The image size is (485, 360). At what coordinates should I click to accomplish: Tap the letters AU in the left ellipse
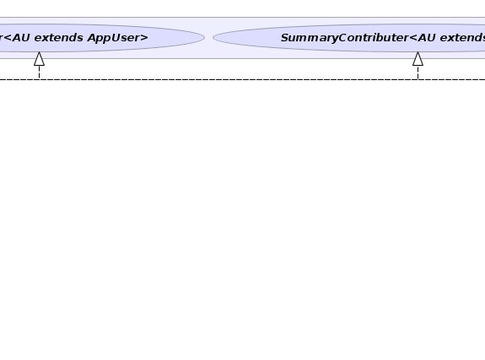[x=21, y=38]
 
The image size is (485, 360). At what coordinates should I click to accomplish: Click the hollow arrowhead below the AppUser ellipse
[x=39, y=59]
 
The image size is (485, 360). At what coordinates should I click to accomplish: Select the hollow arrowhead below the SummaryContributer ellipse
[x=418, y=59]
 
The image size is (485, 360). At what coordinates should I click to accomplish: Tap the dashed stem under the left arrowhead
[x=39, y=73]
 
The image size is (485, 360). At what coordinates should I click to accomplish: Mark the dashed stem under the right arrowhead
[x=418, y=73]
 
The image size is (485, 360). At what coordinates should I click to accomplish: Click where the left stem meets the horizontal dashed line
[x=39, y=79]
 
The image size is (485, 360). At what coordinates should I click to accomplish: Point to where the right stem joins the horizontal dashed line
[x=418, y=79]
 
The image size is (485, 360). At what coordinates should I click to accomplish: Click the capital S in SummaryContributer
[x=284, y=38]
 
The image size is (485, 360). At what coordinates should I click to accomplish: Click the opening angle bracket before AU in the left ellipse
[x=7, y=38]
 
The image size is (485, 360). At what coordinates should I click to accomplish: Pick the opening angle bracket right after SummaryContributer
[x=413, y=38]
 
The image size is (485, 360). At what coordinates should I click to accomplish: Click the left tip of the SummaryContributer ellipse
[x=213, y=38]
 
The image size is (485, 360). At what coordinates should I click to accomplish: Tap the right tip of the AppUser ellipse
[x=204, y=38]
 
